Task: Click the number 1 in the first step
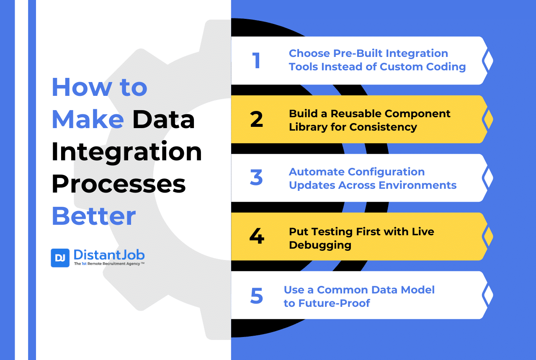click(x=256, y=61)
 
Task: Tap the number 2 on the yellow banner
click(x=256, y=120)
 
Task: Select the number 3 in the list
click(x=256, y=178)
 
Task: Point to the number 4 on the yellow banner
click(x=256, y=237)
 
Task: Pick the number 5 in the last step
click(x=256, y=296)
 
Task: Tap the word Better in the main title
click(x=93, y=216)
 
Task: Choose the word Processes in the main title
click(x=119, y=184)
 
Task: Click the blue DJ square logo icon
click(x=60, y=258)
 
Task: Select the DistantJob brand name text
click(x=109, y=255)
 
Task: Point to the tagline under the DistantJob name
click(x=109, y=264)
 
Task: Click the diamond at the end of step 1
click(x=487, y=61)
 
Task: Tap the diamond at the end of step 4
click(x=487, y=237)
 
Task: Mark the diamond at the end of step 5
click(x=487, y=295)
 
